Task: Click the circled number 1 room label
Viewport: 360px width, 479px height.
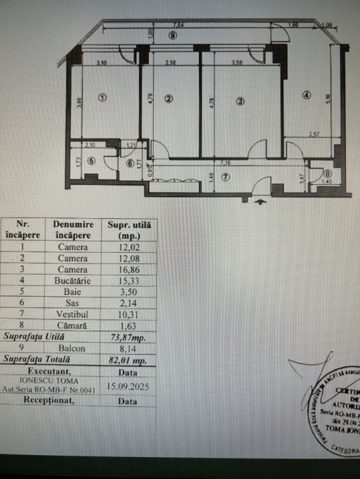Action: click(x=102, y=97)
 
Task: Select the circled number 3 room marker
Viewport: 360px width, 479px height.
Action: click(x=240, y=100)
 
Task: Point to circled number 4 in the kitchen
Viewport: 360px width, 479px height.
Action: click(x=306, y=94)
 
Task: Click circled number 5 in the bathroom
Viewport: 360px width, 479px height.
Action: click(x=91, y=160)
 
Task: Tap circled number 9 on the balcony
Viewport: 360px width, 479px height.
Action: click(x=172, y=35)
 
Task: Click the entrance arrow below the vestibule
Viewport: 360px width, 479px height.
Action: click(x=261, y=198)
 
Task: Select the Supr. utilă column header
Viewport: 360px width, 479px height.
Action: click(x=129, y=230)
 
